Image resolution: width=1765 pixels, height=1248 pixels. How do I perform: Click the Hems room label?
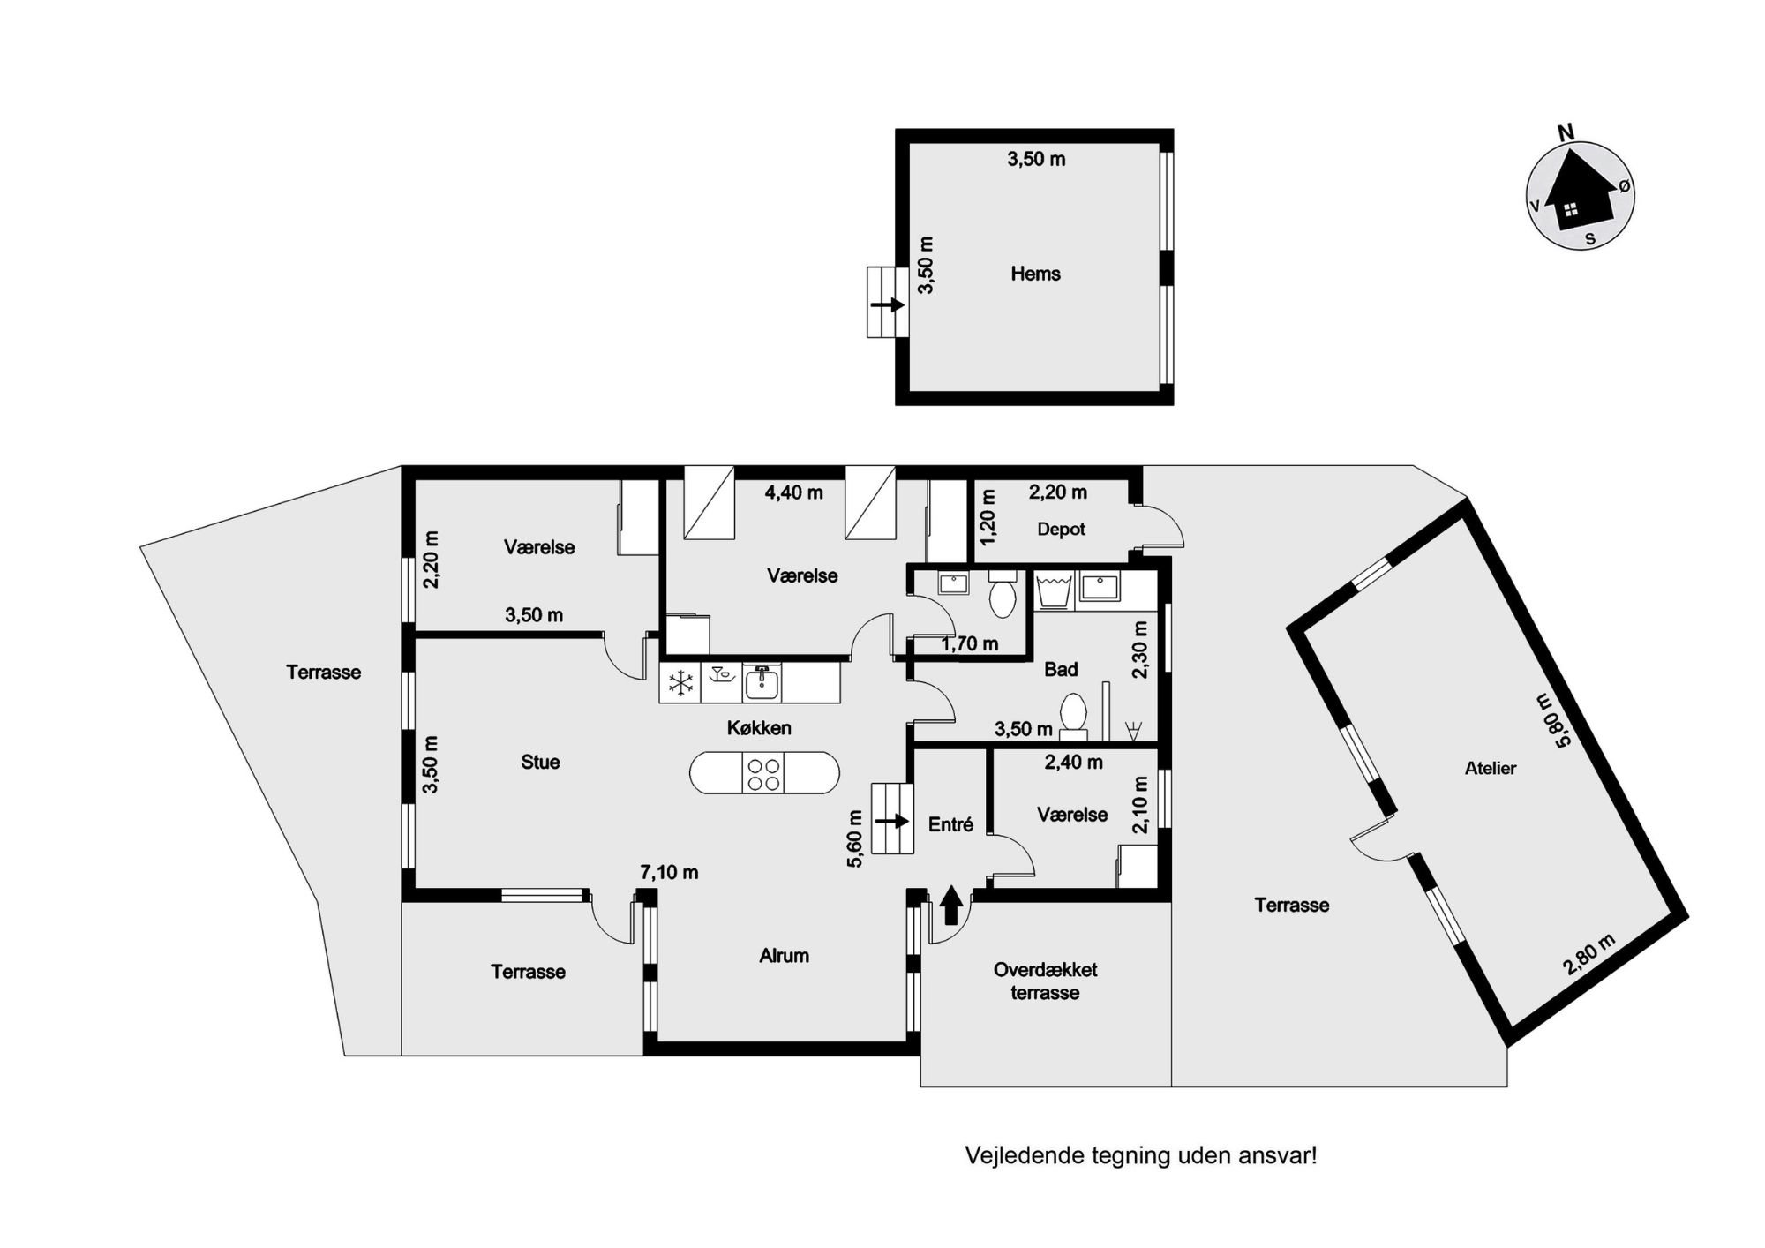point(1035,274)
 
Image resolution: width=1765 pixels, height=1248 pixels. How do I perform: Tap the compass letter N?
point(1566,133)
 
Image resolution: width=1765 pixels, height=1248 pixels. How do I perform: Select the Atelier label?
point(1491,768)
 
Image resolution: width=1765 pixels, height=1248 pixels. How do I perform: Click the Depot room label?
point(1061,529)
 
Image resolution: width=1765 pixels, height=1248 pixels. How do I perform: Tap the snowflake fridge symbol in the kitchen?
point(680,682)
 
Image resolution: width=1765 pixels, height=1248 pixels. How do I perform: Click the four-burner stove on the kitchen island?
point(763,774)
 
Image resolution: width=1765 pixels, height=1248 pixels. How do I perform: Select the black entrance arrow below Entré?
point(950,906)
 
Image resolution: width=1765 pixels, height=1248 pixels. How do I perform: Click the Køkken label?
point(759,728)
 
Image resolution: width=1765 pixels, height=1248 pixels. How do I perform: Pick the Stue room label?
point(540,762)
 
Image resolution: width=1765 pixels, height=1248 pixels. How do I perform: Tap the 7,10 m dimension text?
point(669,873)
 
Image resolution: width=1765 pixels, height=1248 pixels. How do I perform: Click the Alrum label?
point(784,955)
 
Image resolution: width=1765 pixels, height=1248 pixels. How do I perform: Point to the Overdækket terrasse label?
point(1046,981)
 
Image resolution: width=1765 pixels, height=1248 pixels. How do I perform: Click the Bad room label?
point(1061,669)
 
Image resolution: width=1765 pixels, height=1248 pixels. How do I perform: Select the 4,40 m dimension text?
point(793,492)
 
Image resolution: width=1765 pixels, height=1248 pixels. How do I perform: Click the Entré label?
point(951,824)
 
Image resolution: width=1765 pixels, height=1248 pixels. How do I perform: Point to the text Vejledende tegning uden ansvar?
point(1141,1155)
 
